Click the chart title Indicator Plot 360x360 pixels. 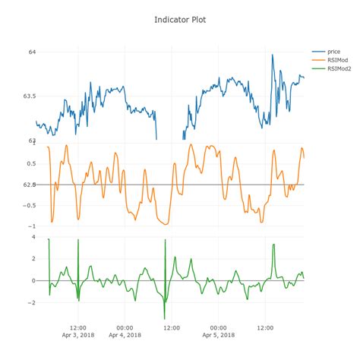(179, 18)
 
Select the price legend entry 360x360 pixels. (333, 51)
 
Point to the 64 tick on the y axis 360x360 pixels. (32, 52)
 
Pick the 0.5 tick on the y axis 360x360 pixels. (30, 163)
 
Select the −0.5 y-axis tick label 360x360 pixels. (28, 205)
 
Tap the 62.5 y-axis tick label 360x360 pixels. (29, 185)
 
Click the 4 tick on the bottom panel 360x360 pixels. (33, 237)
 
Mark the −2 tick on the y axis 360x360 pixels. (31, 302)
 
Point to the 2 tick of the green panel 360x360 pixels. (33, 259)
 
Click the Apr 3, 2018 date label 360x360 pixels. (78, 335)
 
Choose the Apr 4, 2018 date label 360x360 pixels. (125, 335)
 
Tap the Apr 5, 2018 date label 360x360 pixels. (218, 335)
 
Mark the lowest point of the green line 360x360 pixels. (164, 318)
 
